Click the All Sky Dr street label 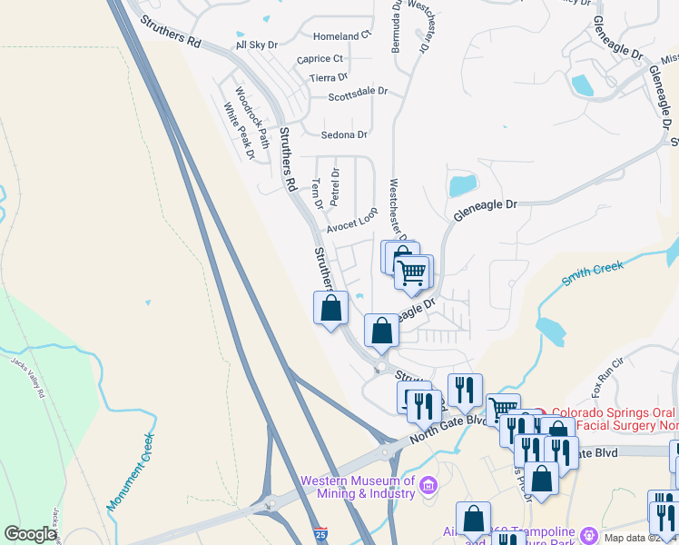click(257, 45)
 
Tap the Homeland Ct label click(342, 36)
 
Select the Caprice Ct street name click(320, 59)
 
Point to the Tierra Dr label click(329, 78)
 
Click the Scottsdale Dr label click(358, 93)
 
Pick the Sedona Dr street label click(344, 134)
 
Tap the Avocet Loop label click(352, 219)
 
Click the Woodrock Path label click(252, 117)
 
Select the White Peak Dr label click(240, 131)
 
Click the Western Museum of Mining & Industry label click(358, 487)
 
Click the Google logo click(30, 534)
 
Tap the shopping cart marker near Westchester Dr click(413, 272)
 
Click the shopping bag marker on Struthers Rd click(330, 307)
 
